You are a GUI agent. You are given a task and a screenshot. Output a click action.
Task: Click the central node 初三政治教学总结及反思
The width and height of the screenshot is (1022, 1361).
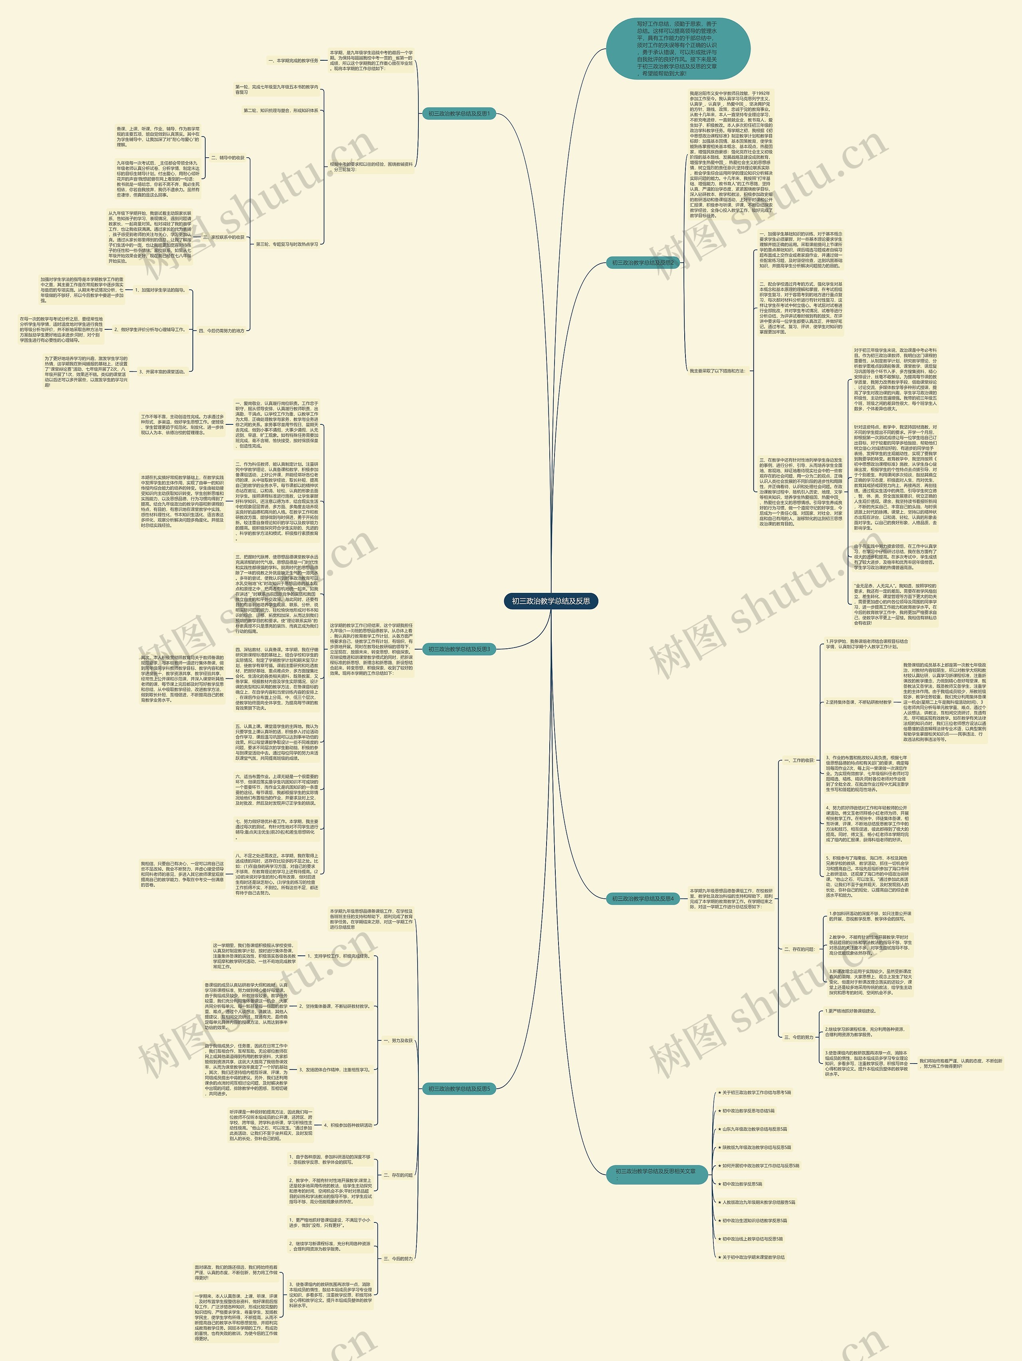(551, 601)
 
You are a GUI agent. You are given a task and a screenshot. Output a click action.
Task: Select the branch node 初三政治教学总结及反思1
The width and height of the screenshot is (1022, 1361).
(458, 114)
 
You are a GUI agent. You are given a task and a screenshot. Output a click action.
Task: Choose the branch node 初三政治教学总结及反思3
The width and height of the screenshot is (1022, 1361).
(458, 649)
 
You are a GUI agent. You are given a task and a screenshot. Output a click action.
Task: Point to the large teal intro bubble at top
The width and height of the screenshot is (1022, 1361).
(677, 49)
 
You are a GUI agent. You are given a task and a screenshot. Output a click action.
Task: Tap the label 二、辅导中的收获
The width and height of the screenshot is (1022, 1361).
(227, 158)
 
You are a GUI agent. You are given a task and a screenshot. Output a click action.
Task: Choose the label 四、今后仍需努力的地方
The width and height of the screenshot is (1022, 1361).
(222, 331)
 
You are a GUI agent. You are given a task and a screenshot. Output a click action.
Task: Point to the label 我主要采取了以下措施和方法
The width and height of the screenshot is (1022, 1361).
(717, 371)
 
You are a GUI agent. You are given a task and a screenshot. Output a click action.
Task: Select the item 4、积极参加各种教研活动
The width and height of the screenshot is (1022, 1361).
(348, 1125)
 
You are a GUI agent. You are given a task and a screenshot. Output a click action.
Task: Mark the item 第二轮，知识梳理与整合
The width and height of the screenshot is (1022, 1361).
(281, 111)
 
